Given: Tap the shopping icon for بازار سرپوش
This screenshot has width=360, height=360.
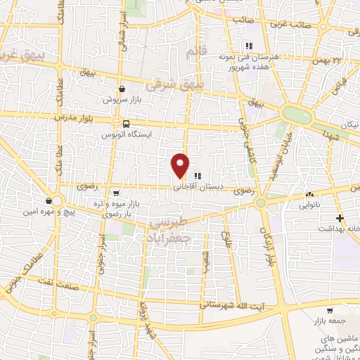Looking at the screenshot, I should tap(123, 89).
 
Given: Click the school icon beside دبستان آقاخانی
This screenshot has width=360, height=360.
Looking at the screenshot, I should tap(198, 176).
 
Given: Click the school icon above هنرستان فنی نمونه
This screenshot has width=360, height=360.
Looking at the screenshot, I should tap(248, 46).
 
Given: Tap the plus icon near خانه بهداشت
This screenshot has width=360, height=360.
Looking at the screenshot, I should tap(340, 219).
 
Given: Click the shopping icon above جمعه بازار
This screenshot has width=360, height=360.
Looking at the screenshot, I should tap(330, 310).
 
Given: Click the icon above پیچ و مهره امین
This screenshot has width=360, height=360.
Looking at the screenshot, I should tap(49, 201).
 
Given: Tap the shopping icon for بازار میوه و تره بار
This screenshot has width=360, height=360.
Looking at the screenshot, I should tap(116, 193).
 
